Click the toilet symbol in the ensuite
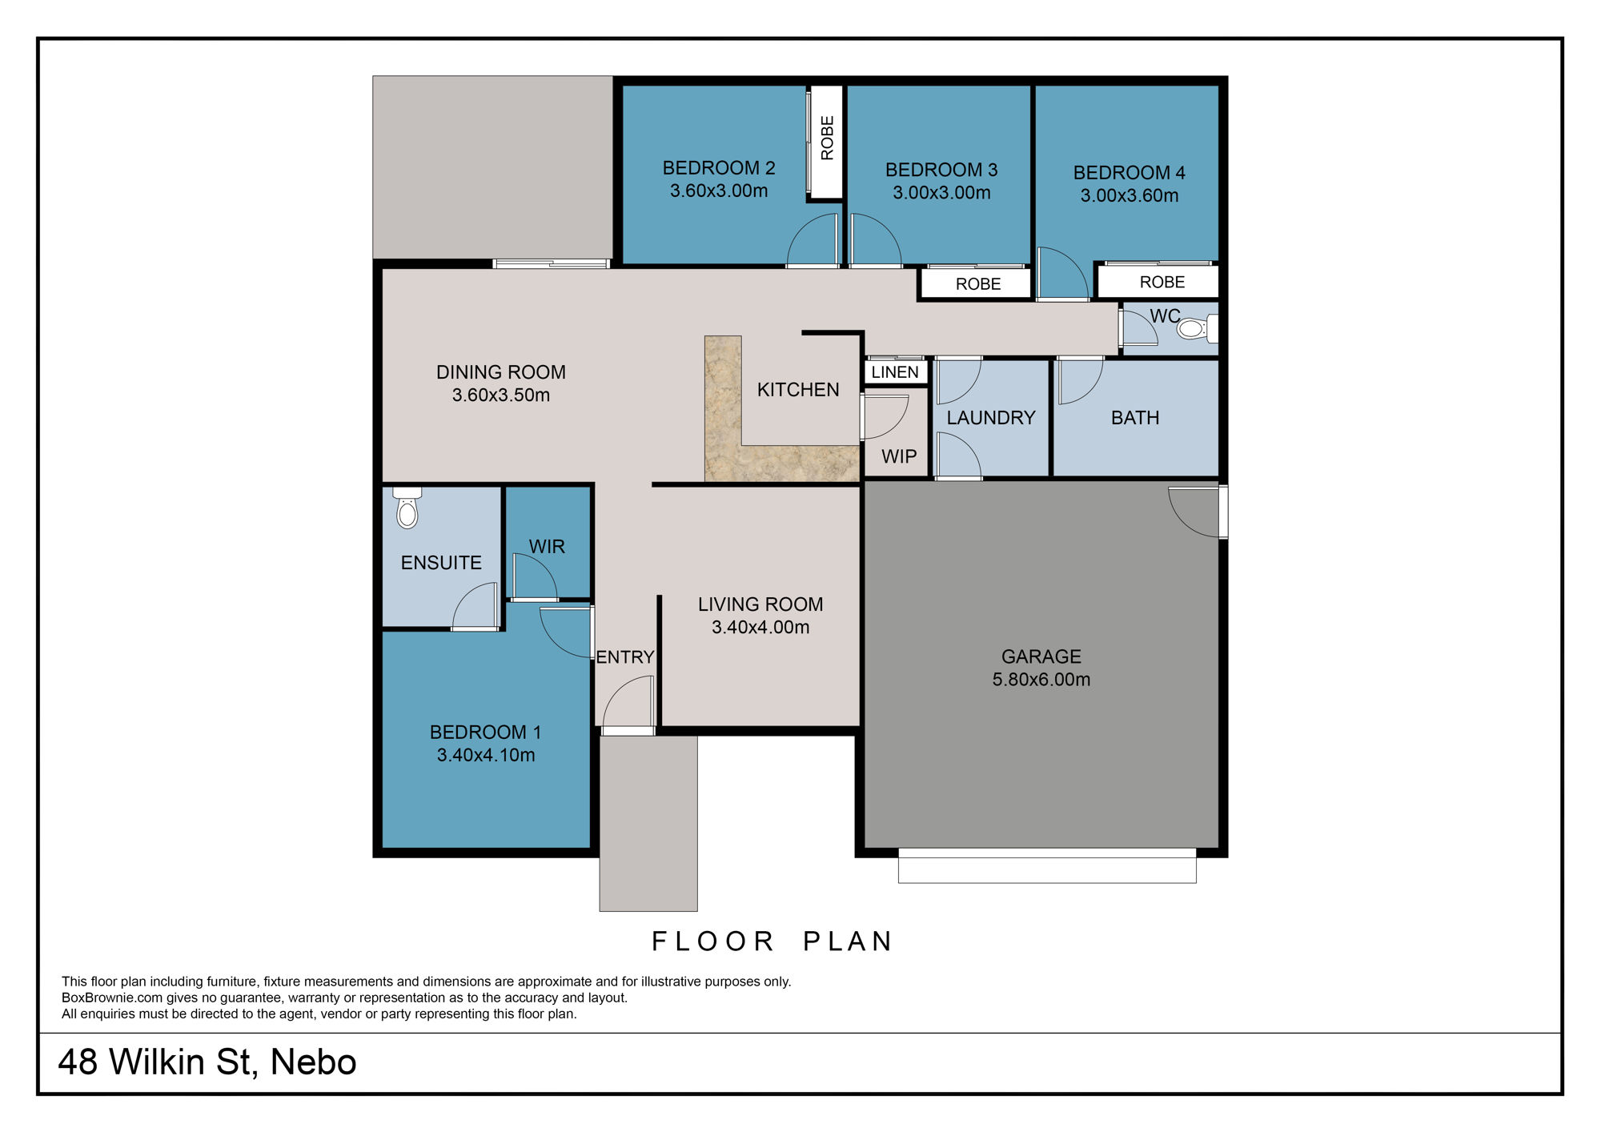pyautogui.click(x=407, y=509)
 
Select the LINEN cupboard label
pyautogui.click(x=895, y=372)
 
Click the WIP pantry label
pyautogui.click(x=899, y=456)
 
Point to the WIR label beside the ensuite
pyautogui.click(x=547, y=547)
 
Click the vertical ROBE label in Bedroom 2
pyautogui.click(x=827, y=138)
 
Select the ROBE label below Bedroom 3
pyautogui.click(x=977, y=284)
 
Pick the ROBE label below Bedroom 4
pyautogui.click(x=1162, y=283)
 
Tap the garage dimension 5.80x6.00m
pyautogui.click(x=1041, y=680)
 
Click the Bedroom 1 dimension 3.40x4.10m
pyautogui.click(x=486, y=755)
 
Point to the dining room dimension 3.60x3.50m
pyautogui.click(x=500, y=395)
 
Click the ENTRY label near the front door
pyautogui.click(x=624, y=657)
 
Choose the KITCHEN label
pyautogui.click(x=798, y=390)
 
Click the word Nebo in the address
pyautogui.click(x=313, y=1062)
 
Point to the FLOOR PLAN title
pyautogui.click(x=772, y=941)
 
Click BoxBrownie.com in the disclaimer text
pyautogui.click(x=111, y=998)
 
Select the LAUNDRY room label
pyautogui.click(x=990, y=418)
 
